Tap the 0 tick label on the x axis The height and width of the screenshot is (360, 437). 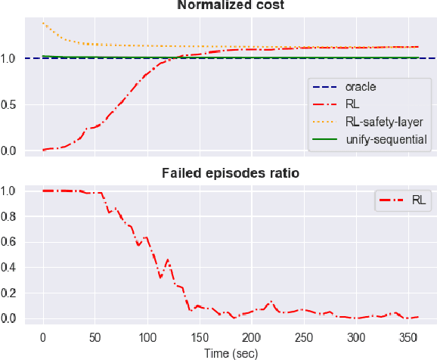[43, 337]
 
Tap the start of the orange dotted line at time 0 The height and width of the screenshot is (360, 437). [43, 23]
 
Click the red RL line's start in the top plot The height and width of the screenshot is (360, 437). [43, 150]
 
